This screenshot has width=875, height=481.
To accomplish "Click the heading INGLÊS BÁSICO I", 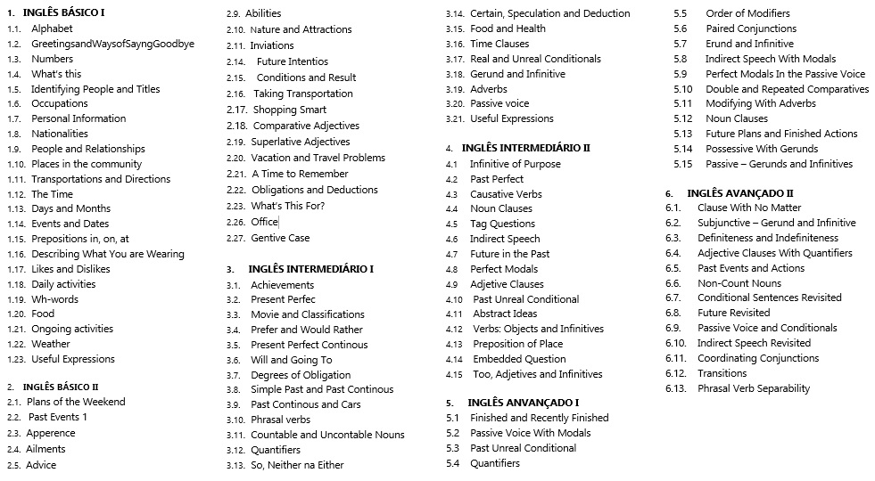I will point(63,12).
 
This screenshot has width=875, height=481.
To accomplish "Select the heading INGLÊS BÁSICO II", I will point(61,387).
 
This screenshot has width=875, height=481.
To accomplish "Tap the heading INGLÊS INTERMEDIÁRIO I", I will point(310,268).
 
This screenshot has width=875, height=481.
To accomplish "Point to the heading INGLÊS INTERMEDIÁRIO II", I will point(526,148).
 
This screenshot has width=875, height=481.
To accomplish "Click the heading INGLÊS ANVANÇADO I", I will point(524,403).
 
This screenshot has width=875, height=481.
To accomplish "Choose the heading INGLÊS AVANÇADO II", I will point(740,192).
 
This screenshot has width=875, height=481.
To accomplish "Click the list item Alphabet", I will point(52,29).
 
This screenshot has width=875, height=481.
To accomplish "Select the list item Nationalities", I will point(60,134).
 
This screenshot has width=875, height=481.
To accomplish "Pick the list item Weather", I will point(51,344).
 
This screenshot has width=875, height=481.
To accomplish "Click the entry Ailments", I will point(45,449).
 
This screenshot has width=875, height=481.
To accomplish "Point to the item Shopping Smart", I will point(290,110).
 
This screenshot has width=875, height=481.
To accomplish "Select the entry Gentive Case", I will point(280,238).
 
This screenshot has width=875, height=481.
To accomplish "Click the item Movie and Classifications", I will point(308,314).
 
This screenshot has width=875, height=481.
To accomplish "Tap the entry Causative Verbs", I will point(506,194).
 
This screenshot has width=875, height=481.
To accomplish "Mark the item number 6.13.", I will point(675,388).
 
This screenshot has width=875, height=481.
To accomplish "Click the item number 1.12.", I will point(16,194).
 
